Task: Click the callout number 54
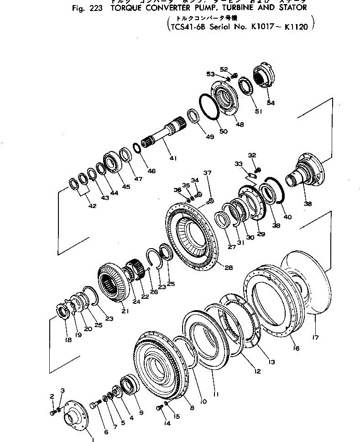coord(271,103)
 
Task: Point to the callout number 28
coord(228,268)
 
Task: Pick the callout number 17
coord(315,338)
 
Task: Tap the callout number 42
coord(92,206)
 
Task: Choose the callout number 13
coord(272,362)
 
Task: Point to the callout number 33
coord(239,163)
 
